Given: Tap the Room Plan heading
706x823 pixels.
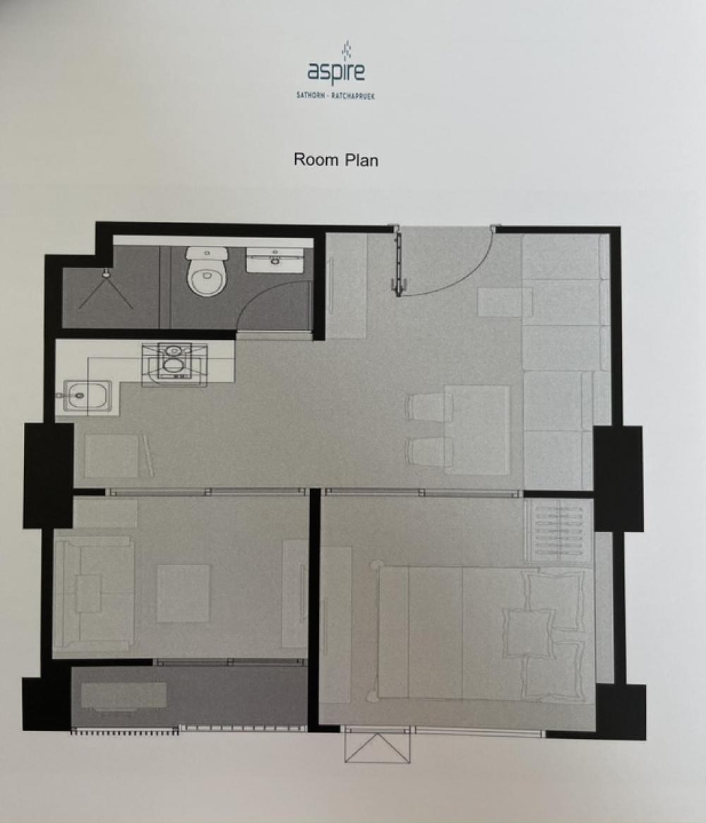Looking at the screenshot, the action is click(x=336, y=160).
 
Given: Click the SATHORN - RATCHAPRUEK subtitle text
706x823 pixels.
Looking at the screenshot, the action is click(x=335, y=95).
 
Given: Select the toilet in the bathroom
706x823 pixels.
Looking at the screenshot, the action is click(x=208, y=271).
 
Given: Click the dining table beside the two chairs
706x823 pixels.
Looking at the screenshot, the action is click(x=477, y=430).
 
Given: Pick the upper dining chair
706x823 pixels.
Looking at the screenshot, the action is click(x=429, y=408).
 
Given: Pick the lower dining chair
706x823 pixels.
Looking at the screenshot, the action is click(x=429, y=452).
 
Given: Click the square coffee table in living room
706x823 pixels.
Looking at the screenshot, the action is click(x=183, y=593).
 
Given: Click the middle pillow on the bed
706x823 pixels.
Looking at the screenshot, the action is click(x=528, y=634).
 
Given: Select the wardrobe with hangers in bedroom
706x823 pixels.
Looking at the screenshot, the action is click(x=558, y=531).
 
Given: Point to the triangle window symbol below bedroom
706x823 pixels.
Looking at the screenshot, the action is click(x=377, y=747).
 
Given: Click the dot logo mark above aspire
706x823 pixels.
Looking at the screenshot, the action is click(x=346, y=50).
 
